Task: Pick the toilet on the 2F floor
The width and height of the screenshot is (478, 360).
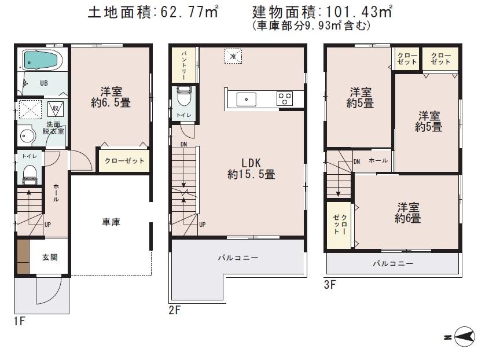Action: coord(184,96)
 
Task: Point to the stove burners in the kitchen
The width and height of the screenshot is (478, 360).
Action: coord(285,98)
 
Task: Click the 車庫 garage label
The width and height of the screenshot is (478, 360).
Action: coord(111,222)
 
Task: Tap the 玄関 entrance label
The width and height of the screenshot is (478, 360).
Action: coord(49,258)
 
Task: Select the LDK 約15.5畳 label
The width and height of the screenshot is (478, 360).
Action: coord(251,167)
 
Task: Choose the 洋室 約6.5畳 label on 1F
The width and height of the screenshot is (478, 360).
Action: coord(111,97)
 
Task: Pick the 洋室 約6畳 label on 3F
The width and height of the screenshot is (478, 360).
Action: coord(407,212)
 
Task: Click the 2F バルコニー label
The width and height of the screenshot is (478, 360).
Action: coord(238,258)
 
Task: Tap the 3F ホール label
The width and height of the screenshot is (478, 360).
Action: coord(378,161)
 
